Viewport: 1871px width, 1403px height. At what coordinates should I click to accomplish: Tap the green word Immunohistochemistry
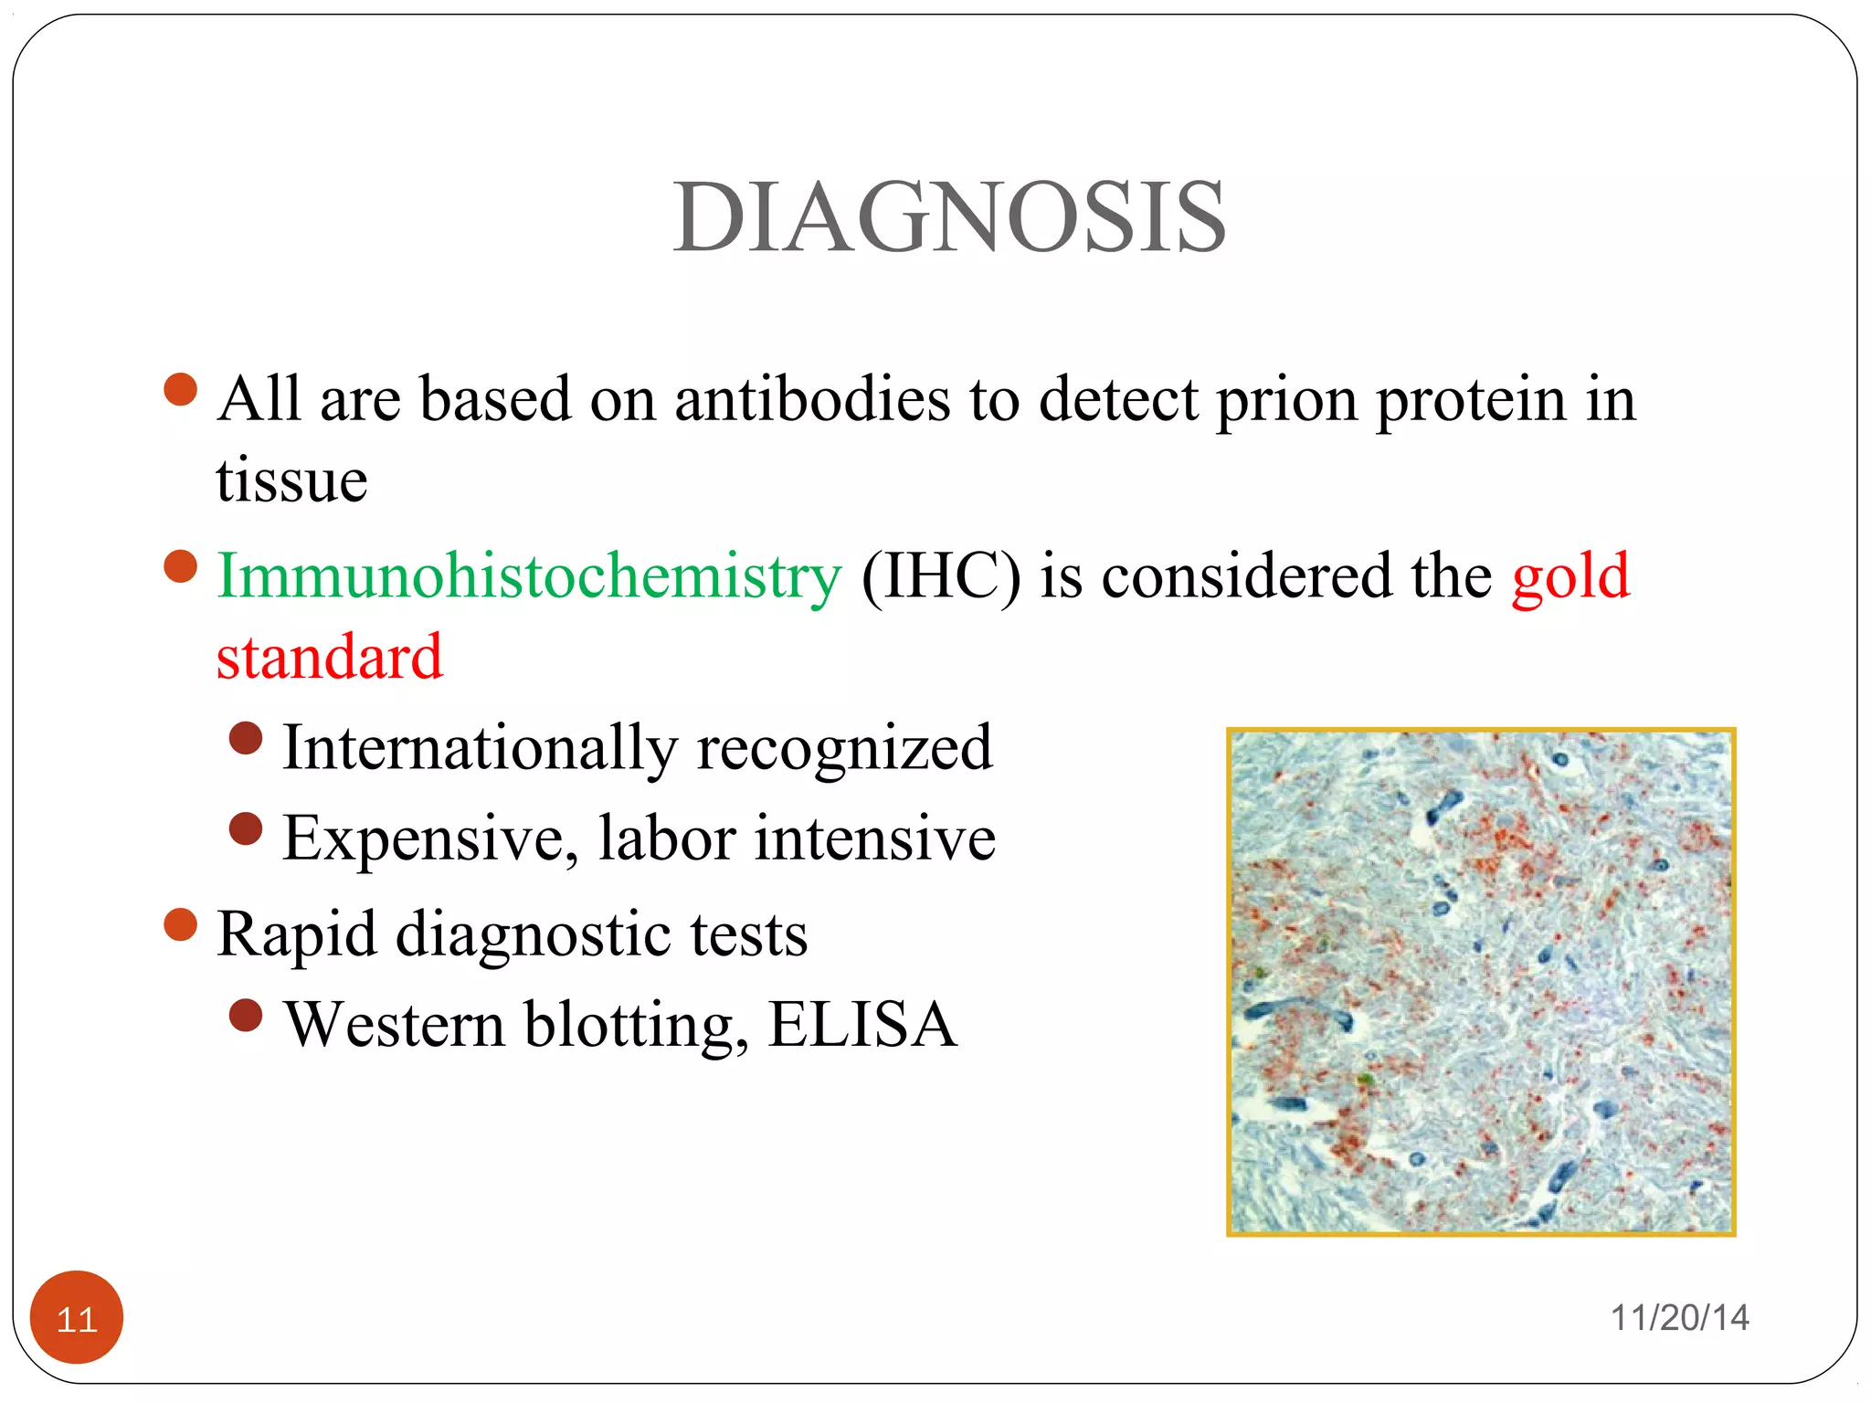tap(528, 577)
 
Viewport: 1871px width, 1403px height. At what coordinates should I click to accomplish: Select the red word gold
tap(1570, 577)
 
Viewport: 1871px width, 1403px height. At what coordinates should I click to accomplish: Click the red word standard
tap(329, 658)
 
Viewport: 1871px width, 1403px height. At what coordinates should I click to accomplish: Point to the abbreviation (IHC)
tap(940, 577)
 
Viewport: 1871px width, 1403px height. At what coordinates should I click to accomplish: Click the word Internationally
tap(480, 748)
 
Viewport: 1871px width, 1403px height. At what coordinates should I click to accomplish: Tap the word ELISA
tap(862, 1025)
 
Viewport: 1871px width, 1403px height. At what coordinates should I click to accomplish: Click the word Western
tap(394, 1025)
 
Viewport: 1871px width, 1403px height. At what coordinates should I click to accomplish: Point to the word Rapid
tap(296, 935)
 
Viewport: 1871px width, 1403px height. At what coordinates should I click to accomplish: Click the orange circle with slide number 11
tap(77, 1317)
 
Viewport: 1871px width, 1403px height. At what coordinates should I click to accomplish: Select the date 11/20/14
tap(1679, 1318)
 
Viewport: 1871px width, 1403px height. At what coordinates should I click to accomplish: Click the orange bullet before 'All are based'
tap(181, 389)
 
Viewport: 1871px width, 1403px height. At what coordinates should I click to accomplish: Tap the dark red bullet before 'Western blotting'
tap(246, 1015)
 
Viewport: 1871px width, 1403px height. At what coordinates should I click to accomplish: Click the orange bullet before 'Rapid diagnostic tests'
tap(181, 924)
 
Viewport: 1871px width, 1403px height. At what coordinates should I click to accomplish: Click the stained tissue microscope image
tap(1480, 982)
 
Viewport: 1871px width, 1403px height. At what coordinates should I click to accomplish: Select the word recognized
tap(844, 748)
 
